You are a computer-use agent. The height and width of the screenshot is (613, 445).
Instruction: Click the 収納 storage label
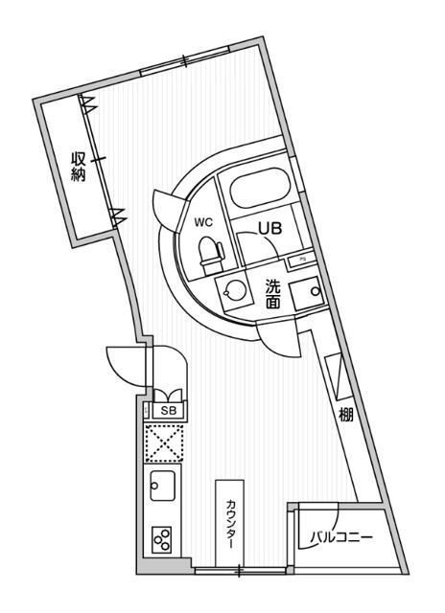click(x=79, y=167)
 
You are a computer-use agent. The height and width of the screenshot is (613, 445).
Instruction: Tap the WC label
click(x=204, y=222)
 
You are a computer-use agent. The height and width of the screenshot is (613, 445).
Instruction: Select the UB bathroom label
click(x=270, y=228)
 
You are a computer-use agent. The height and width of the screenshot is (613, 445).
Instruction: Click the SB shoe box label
click(x=170, y=411)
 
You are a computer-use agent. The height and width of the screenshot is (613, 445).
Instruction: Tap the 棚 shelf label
click(x=346, y=415)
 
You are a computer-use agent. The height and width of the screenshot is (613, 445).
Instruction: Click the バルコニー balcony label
click(x=341, y=538)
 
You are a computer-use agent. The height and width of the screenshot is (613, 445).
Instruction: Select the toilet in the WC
click(x=211, y=255)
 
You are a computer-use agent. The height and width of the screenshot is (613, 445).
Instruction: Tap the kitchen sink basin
click(x=162, y=485)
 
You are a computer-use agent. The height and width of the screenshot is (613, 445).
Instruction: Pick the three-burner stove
click(x=162, y=540)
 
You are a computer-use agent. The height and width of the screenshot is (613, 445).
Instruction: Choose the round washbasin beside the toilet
click(x=230, y=291)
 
